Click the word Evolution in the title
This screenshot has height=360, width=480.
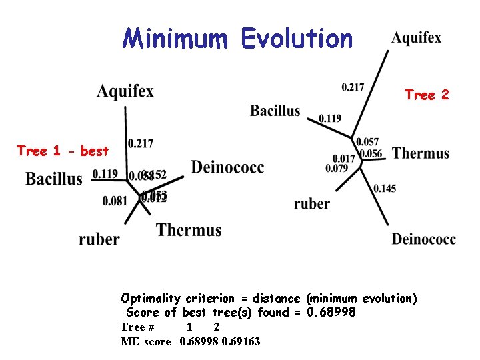tap(297, 39)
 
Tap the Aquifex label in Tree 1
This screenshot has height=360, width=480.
tap(125, 91)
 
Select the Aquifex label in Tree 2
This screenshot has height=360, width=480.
tap(416, 38)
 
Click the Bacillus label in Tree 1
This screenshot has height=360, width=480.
tap(54, 178)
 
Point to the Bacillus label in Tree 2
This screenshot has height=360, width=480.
tap(275, 111)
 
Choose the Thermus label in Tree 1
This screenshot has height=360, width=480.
tap(189, 231)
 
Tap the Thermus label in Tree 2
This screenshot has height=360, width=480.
tap(421, 154)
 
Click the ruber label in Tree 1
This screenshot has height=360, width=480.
tap(99, 239)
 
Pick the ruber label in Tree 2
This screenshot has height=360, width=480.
tap(312, 204)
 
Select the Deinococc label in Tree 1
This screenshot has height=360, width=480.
tap(227, 167)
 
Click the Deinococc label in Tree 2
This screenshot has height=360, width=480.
tap(424, 239)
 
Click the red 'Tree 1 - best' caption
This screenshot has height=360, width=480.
tap(63, 151)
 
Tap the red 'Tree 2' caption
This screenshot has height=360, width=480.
tap(427, 95)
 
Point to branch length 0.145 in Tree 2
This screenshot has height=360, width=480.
tap(385, 189)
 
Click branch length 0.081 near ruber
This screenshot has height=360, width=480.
tap(115, 201)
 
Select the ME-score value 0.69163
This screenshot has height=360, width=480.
tap(241, 341)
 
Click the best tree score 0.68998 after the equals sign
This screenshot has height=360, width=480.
tap(331, 312)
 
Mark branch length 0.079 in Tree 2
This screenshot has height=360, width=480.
tap(337, 168)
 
